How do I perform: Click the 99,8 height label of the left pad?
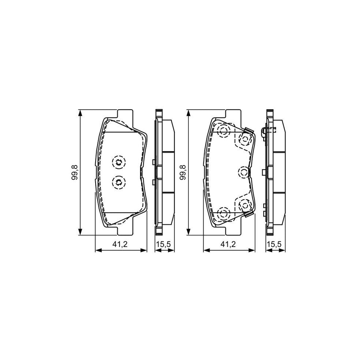click(x=74, y=172)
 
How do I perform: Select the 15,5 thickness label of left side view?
click(x=164, y=245)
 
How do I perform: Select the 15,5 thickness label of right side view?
click(x=275, y=245)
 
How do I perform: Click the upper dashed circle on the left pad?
click(x=118, y=162)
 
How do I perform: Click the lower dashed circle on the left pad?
click(x=118, y=183)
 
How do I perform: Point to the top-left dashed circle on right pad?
click(x=223, y=131)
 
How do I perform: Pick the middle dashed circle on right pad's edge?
click(x=244, y=172)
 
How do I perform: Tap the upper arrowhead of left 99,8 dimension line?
click(x=81, y=113)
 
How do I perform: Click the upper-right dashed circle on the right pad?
click(x=244, y=139)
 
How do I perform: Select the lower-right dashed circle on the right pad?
click(x=244, y=206)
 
